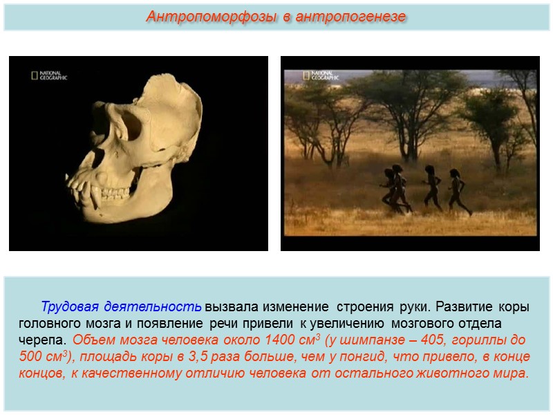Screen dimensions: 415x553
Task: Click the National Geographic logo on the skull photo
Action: click(49, 75)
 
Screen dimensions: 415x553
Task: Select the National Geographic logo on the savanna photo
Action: click(320, 75)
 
